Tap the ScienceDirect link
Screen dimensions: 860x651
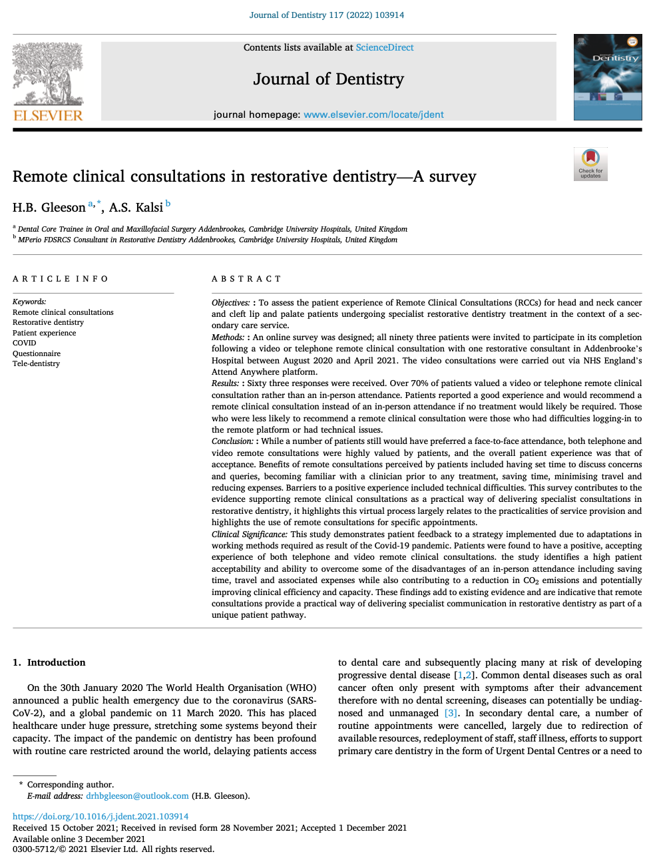(x=384, y=47)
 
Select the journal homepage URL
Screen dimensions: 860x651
(x=373, y=114)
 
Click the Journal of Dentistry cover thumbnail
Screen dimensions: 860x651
(x=607, y=77)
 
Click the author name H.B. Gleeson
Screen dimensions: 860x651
(x=49, y=208)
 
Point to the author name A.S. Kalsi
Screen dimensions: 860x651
(x=136, y=208)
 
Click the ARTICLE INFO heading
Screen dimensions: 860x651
(x=60, y=279)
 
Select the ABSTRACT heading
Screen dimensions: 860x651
(x=246, y=279)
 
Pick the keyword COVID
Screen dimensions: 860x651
(x=24, y=343)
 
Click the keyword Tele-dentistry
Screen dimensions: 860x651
(x=36, y=363)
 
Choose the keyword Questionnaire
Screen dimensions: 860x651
(x=37, y=353)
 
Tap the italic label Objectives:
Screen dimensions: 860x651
(x=230, y=303)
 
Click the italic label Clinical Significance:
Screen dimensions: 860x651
(x=250, y=534)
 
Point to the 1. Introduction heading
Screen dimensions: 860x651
(x=49, y=662)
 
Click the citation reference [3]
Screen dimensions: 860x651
(x=451, y=713)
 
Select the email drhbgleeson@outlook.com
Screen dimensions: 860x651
(x=137, y=795)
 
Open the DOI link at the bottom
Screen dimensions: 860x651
(x=101, y=816)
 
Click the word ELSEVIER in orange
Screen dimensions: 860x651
(x=48, y=115)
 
